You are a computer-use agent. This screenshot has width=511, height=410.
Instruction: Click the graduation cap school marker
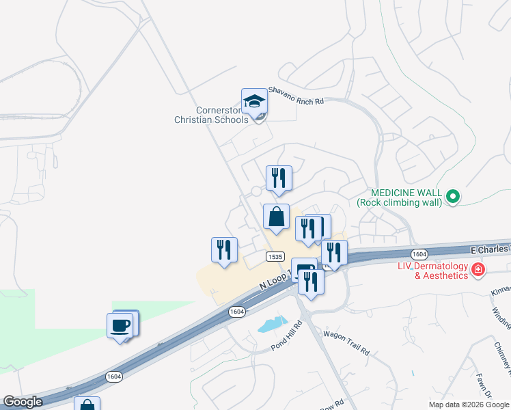[254, 102]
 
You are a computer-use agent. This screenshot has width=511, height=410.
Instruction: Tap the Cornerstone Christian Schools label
[212, 115]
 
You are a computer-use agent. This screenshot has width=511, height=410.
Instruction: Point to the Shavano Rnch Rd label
[295, 95]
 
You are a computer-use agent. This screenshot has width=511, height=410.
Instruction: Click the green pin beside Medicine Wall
[452, 197]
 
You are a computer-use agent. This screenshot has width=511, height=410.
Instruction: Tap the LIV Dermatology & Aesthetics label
[434, 271]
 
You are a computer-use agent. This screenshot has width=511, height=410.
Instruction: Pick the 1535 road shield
[275, 256]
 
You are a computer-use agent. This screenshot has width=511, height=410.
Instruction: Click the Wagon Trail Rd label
[346, 342]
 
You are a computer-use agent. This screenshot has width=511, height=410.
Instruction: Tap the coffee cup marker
[121, 326]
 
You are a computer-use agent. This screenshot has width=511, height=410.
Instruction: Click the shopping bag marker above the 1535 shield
[276, 217]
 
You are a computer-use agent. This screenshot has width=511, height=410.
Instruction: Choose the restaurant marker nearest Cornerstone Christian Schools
[279, 179]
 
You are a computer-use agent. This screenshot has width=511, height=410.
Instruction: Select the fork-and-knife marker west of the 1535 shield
[224, 250]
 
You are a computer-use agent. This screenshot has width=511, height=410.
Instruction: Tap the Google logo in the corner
[23, 402]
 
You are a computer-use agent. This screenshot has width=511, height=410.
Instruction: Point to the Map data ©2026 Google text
[469, 405]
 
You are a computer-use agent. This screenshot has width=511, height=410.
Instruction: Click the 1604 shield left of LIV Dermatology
[419, 254]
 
